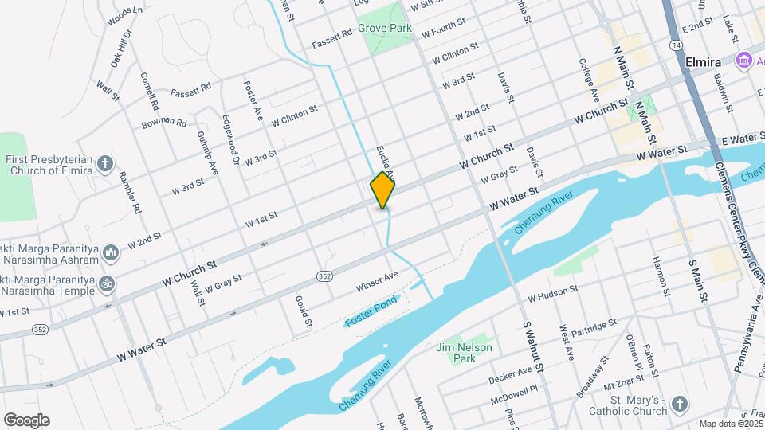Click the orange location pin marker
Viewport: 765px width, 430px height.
(383, 190)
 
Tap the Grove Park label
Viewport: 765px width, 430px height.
(384, 28)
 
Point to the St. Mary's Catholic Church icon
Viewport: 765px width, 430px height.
(678, 405)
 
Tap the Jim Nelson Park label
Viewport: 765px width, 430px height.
(464, 353)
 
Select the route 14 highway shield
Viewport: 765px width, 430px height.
(676, 46)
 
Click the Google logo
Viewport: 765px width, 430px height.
(26, 420)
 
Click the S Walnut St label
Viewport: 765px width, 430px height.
(533, 346)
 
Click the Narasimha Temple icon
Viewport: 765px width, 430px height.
(105, 283)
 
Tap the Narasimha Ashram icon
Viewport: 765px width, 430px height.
(111, 253)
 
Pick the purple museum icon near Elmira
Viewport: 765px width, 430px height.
(744, 60)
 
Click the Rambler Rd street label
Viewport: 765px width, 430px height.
(129, 193)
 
